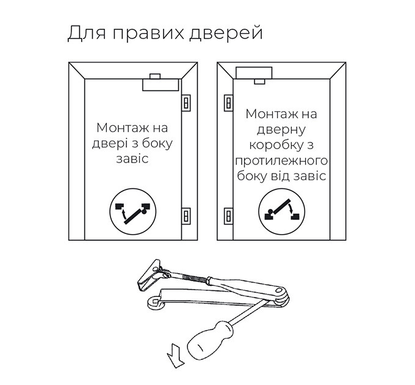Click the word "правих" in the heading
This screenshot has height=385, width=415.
[x=148, y=34]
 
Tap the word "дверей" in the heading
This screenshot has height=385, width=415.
[x=226, y=34]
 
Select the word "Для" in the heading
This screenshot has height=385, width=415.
[x=87, y=32]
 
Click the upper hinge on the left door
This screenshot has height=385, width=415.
[x=186, y=103]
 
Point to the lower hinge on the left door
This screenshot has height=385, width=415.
[x=186, y=216]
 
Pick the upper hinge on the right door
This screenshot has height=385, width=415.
[x=229, y=103]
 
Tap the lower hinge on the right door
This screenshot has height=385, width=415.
[x=229, y=216]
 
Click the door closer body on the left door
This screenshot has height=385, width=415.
[x=161, y=85]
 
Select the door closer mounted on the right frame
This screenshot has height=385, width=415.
[x=254, y=73]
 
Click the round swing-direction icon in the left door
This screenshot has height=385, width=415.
[x=133, y=211]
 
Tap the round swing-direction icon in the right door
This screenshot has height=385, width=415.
[x=281, y=211]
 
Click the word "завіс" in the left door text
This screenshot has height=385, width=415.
[x=132, y=159]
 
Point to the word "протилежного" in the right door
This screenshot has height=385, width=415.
[x=281, y=161]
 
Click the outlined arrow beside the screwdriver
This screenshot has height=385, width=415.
[x=175, y=356]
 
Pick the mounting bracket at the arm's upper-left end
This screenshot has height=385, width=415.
[x=150, y=276]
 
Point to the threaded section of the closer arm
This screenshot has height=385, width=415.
[x=194, y=278]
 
